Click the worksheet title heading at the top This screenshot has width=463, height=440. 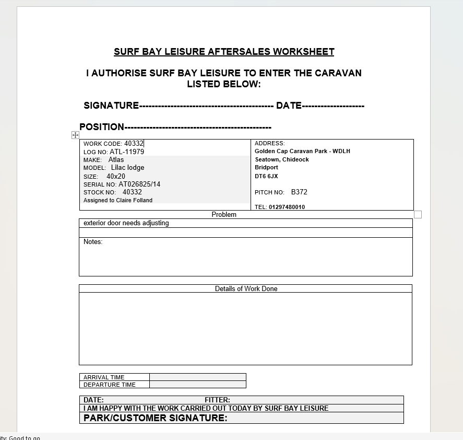(x=224, y=52)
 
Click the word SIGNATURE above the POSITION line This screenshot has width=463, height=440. (x=111, y=106)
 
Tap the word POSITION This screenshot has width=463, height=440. (x=102, y=127)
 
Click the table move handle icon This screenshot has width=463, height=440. (x=75, y=135)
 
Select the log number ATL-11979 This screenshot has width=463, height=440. (x=127, y=152)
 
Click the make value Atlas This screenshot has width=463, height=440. (x=116, y=159)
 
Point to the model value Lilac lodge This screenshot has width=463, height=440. (x=127, y=168)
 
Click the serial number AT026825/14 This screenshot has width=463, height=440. (x=139, y=184)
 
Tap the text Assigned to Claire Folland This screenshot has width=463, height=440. (x=118, y=200)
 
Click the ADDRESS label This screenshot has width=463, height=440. (x=269, y=143)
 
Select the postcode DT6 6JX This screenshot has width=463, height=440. (x=266, y=176)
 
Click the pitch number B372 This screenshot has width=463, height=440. (x=299, y=192)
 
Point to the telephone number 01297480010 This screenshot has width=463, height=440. (x=287, y=207)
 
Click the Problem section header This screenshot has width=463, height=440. (x=224, y=214)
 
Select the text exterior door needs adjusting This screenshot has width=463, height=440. (x=126, y=223)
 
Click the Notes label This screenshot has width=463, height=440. (x=93, y=241)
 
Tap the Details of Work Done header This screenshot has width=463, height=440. (x=246, y=288)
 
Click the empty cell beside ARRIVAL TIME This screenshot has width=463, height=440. (x=197, y=377)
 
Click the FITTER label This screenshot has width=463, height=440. (x=217, y=400)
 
